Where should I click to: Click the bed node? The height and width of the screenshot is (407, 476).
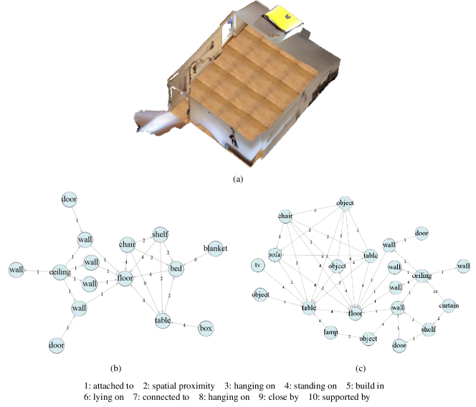point(176,269)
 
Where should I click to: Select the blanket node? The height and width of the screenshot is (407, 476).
point(215,249)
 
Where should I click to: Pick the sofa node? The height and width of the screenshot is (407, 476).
point(276,255)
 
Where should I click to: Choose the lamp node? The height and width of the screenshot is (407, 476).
point(330,332)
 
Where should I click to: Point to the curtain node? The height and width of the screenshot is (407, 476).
point(449,306)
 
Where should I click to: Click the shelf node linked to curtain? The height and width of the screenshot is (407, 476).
point(429,329)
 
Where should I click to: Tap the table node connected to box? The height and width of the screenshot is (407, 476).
point(163,321)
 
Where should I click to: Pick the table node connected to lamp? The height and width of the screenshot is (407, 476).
point(309,308)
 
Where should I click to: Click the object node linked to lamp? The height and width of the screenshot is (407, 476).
point(368,337)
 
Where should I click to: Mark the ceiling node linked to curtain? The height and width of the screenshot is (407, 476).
point(422,276)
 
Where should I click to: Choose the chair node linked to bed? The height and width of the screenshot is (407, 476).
point(128,245)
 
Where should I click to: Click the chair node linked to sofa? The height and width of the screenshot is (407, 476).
point(285,216)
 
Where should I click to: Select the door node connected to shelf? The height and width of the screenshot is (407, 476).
point(400,345)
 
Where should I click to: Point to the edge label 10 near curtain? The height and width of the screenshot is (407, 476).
point(435,292)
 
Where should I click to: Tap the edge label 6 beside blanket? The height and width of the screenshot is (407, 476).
point(196,259)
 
